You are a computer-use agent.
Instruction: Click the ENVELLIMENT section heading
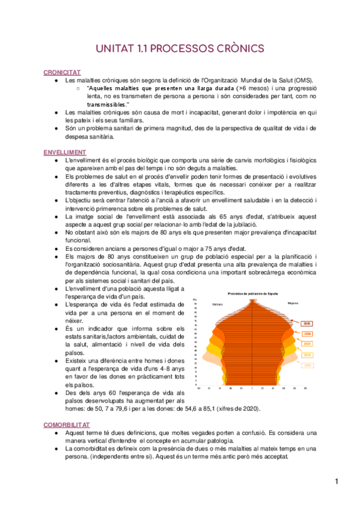tap(65, 152)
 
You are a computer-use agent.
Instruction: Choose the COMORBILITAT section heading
tap(67, 424)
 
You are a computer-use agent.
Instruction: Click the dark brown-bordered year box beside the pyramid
tap(307, 323)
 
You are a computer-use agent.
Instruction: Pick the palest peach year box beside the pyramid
tap(307, 365)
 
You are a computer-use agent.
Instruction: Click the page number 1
tap(338, 481)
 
